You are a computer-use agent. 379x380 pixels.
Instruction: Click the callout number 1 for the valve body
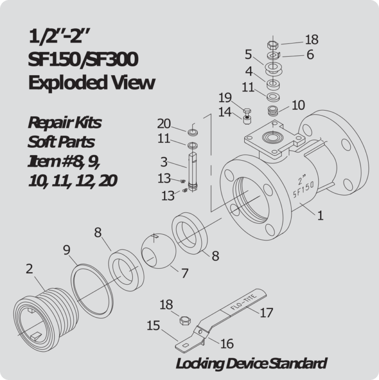pos(320,215)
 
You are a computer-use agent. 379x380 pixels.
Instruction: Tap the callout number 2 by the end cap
pos(30,269)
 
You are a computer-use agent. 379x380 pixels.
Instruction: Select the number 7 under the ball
pos(185,273)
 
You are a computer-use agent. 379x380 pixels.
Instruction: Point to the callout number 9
pos(67,251)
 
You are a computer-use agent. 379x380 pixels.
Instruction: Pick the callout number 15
pos(153,325)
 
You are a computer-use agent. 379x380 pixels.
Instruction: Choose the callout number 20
pos(164,124)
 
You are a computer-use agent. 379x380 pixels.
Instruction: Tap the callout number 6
pos(310,54)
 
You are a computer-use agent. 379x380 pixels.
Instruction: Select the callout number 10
pos(298,105)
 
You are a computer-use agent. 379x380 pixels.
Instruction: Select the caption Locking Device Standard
pos(251,364)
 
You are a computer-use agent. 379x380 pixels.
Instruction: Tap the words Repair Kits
pos(65,122)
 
